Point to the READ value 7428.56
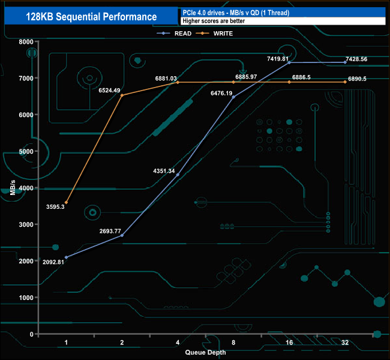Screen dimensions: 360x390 (x=365, y=59)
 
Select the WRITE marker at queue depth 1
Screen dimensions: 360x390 (x=66, y=203)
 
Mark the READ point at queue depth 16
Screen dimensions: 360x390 (x=289, y=62)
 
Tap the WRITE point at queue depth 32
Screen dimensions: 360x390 (x=345, y=82)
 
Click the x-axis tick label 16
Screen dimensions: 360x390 (x=289, y=343)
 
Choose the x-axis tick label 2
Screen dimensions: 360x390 (x=122, y=343)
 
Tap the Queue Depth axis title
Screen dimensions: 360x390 (x=206, y=352)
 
